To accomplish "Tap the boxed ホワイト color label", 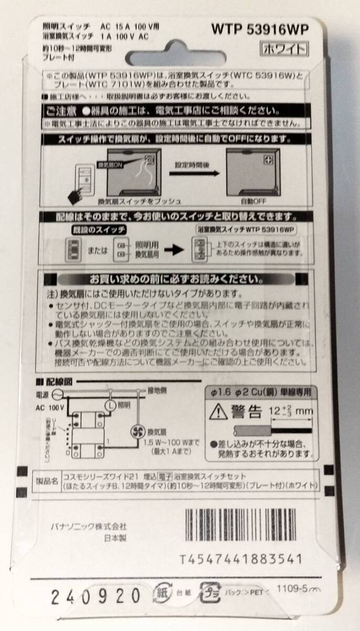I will (283, 49).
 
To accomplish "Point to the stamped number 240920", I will (96, 596).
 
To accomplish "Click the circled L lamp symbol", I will (110, 405).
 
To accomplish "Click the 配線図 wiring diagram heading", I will (58, 382).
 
